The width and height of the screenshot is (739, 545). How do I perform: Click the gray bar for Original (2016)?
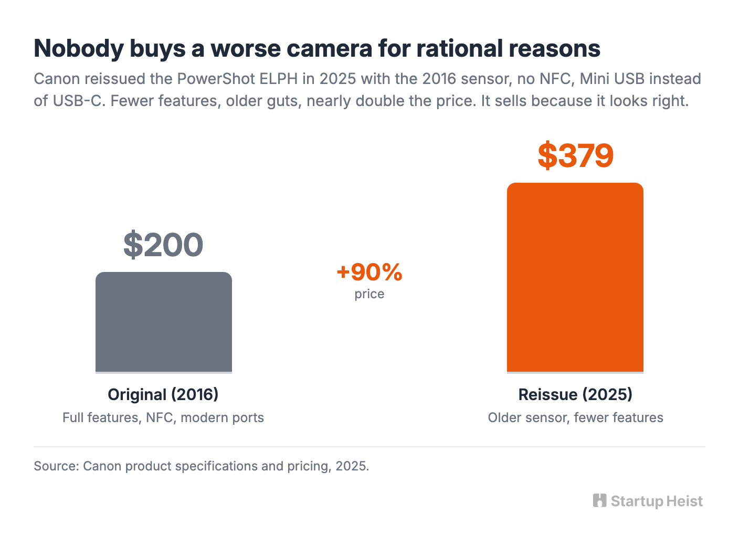coord(164,322)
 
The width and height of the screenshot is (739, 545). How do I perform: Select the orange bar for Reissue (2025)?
coord(575,278)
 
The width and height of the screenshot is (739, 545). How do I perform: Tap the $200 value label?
coord(163,245)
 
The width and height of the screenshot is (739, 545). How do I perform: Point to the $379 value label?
coord(576,155)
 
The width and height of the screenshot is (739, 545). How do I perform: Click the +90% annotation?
coord(369,272)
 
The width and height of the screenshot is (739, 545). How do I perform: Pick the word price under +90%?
coord(369,294)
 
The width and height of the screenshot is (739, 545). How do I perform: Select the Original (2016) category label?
coord(163,394)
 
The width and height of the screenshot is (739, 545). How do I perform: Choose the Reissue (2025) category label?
coord(575,394)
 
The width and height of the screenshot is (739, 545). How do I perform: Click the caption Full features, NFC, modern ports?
coord(163,417)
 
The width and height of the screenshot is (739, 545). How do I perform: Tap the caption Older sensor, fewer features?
coord(575,417)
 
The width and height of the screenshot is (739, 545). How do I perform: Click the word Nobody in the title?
coord(79,48)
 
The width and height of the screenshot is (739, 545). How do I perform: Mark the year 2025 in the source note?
coord(352,466)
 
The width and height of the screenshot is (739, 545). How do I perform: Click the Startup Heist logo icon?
coord(599,500)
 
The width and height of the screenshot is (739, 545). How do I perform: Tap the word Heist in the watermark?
coord(684,501)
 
